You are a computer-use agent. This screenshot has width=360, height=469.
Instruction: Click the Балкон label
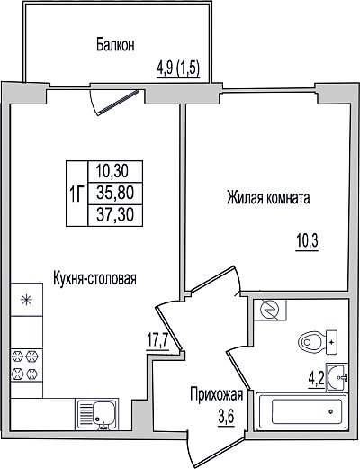(115, 45)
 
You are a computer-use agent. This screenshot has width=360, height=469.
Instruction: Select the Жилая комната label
(268, 198)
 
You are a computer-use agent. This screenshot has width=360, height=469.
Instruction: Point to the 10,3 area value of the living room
(307, 241)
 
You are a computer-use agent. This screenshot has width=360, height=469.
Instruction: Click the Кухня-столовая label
(94, 278)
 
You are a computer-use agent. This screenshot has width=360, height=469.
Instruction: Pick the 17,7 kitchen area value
(158, 340)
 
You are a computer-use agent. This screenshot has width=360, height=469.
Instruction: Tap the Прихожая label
(216, 394)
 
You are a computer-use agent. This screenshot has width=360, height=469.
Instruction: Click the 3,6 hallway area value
(226, 417)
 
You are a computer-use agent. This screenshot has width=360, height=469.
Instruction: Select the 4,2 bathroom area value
(317, 379)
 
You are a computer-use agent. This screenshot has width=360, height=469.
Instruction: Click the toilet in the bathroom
(318, 342)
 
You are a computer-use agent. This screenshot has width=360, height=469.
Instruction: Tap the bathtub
(301, 411)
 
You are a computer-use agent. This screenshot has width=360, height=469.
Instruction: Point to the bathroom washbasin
(337, 377)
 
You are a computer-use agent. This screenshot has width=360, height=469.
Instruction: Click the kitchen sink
(97, 414)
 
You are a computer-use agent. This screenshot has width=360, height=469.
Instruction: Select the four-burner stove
(26, 365)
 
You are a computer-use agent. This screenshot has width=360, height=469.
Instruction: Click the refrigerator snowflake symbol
(26, 300)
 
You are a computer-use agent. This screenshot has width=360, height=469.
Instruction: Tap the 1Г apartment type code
(76, 194)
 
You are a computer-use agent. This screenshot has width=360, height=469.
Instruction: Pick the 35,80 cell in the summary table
(115, 193)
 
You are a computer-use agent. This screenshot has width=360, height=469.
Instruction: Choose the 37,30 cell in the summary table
(115, 215)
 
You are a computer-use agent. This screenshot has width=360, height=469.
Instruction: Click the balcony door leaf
(119, 102)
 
